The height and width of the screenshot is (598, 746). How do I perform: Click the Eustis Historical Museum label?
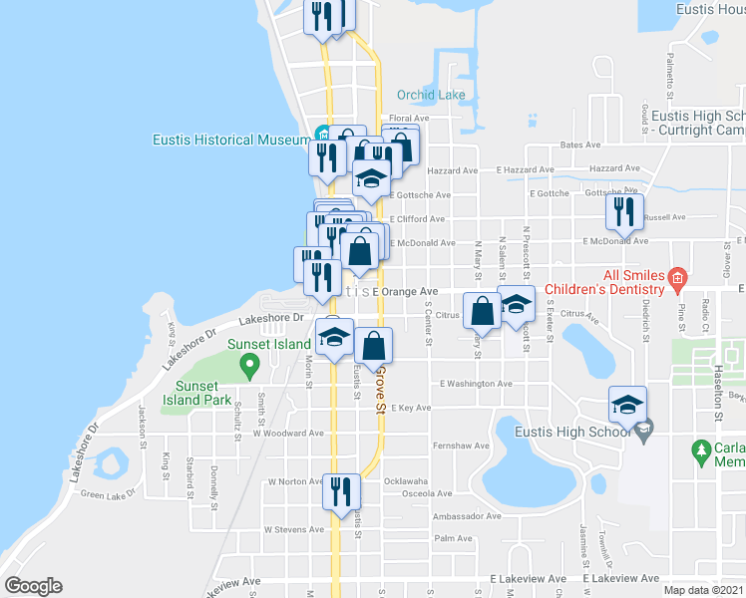pyautogui.click(x=231, y=140)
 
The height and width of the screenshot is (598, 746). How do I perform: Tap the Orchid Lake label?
pyautogui.click(x=431, y=96)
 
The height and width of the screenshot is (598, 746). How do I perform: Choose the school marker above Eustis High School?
pyautogui.click(x=627, y=404)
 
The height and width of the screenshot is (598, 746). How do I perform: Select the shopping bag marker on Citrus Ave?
pyautogui.click(x=482, y=310)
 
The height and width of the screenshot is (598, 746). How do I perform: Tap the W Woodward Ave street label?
pyautogui.click(x=288, y=434)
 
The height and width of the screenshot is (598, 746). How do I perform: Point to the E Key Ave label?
pyautogui.click(x=411, y=408)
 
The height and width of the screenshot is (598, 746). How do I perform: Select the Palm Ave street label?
pyautogui.click(x=453, y=538)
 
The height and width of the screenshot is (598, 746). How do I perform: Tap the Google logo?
pyautogui.click(x=33, y=586)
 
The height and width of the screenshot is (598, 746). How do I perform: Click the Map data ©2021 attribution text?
pyautogui.click(x=704, y=590)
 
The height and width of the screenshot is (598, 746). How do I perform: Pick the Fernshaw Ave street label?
pyautogui.click(x=460, y=446)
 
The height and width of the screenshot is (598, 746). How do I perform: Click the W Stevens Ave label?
pyautogui.click(x=294, y=530)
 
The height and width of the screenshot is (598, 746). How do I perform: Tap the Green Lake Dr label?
pyautogui.click(x=107, y=494)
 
